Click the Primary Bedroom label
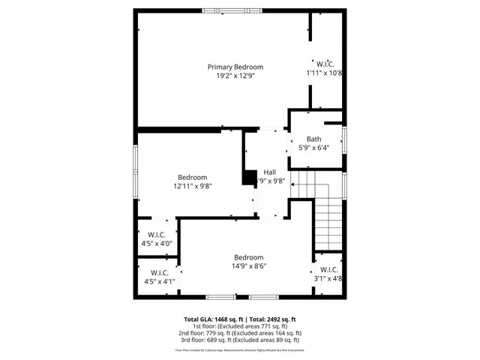tap(235, 67)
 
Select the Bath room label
tap(313, 139)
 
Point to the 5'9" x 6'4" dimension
tap(313, 148)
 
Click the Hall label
tap(269, 172)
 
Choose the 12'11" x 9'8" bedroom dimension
tap(193, 186)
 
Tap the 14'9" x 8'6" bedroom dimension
tap(248, 265)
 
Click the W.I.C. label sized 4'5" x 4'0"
tap(157, 235)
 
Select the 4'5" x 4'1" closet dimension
tap(158, 281)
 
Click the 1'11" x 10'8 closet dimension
tap(325, 73)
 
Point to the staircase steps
tap(328, 217)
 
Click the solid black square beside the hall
tap(248, 178)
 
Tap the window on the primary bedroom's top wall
tap(232, 10)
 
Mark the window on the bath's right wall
tap(344, 139)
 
